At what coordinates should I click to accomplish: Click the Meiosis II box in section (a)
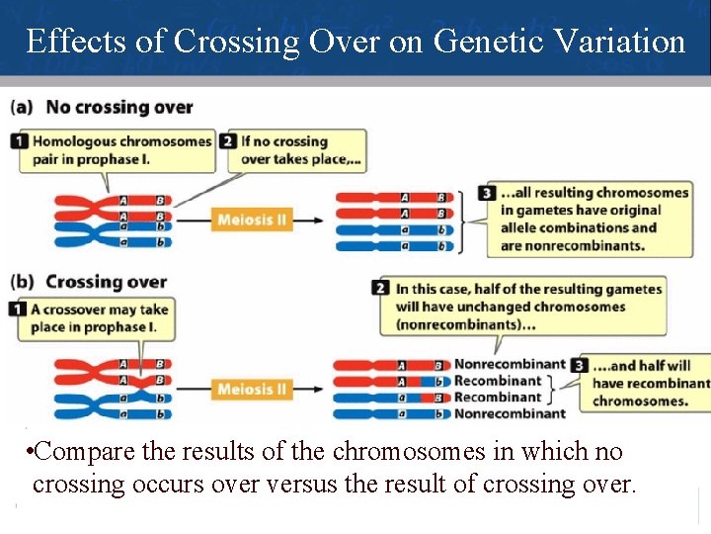[251, 219]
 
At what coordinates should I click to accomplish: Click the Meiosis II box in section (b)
[251, 389]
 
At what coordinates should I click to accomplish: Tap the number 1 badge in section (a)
[20, 141]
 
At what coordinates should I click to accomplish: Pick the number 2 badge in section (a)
[230, 141]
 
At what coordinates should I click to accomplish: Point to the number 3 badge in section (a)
[487, 193]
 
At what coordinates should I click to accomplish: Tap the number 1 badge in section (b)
[20, 310]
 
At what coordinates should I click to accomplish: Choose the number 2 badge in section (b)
[381, 289]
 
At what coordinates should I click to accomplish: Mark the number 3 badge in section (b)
[580, 365]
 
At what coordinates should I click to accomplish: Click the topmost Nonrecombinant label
[510, 365]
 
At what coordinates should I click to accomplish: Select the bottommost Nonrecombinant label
[510, 413]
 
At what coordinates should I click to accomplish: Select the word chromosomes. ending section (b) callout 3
[640, 400]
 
